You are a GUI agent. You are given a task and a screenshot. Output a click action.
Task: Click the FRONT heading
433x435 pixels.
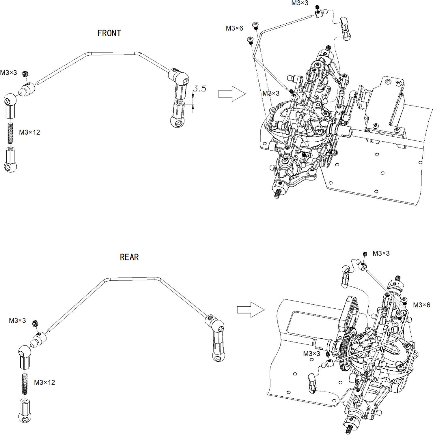pos(109,33)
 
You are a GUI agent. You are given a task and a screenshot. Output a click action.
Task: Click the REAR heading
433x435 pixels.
pos(129,257)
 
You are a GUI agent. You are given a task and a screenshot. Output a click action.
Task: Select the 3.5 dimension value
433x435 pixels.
pos(200,89)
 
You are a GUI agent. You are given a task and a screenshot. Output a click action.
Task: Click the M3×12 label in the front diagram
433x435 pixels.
pos(29,132)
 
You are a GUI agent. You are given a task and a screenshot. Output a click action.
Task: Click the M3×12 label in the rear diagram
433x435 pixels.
pos(44,382)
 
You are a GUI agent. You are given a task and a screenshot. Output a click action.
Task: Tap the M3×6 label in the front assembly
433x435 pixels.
pos(234,28)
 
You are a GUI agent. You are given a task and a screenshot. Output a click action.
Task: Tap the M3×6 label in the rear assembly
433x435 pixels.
pos(421,305)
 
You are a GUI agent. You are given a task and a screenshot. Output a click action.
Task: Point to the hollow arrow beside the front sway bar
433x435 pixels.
pos(232,94)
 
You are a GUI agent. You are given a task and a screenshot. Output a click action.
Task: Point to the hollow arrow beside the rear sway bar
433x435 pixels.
pos(251,310)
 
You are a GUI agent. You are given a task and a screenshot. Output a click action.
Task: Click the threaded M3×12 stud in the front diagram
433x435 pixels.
pos(10,133)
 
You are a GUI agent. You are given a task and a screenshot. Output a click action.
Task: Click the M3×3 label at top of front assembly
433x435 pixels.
pos(300,3)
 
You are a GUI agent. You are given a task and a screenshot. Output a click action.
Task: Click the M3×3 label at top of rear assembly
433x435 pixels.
pos(381,253)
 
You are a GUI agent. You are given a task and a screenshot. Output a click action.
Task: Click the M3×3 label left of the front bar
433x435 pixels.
pos(9,73)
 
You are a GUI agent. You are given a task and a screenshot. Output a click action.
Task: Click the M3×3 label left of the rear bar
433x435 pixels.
pos(17,320)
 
